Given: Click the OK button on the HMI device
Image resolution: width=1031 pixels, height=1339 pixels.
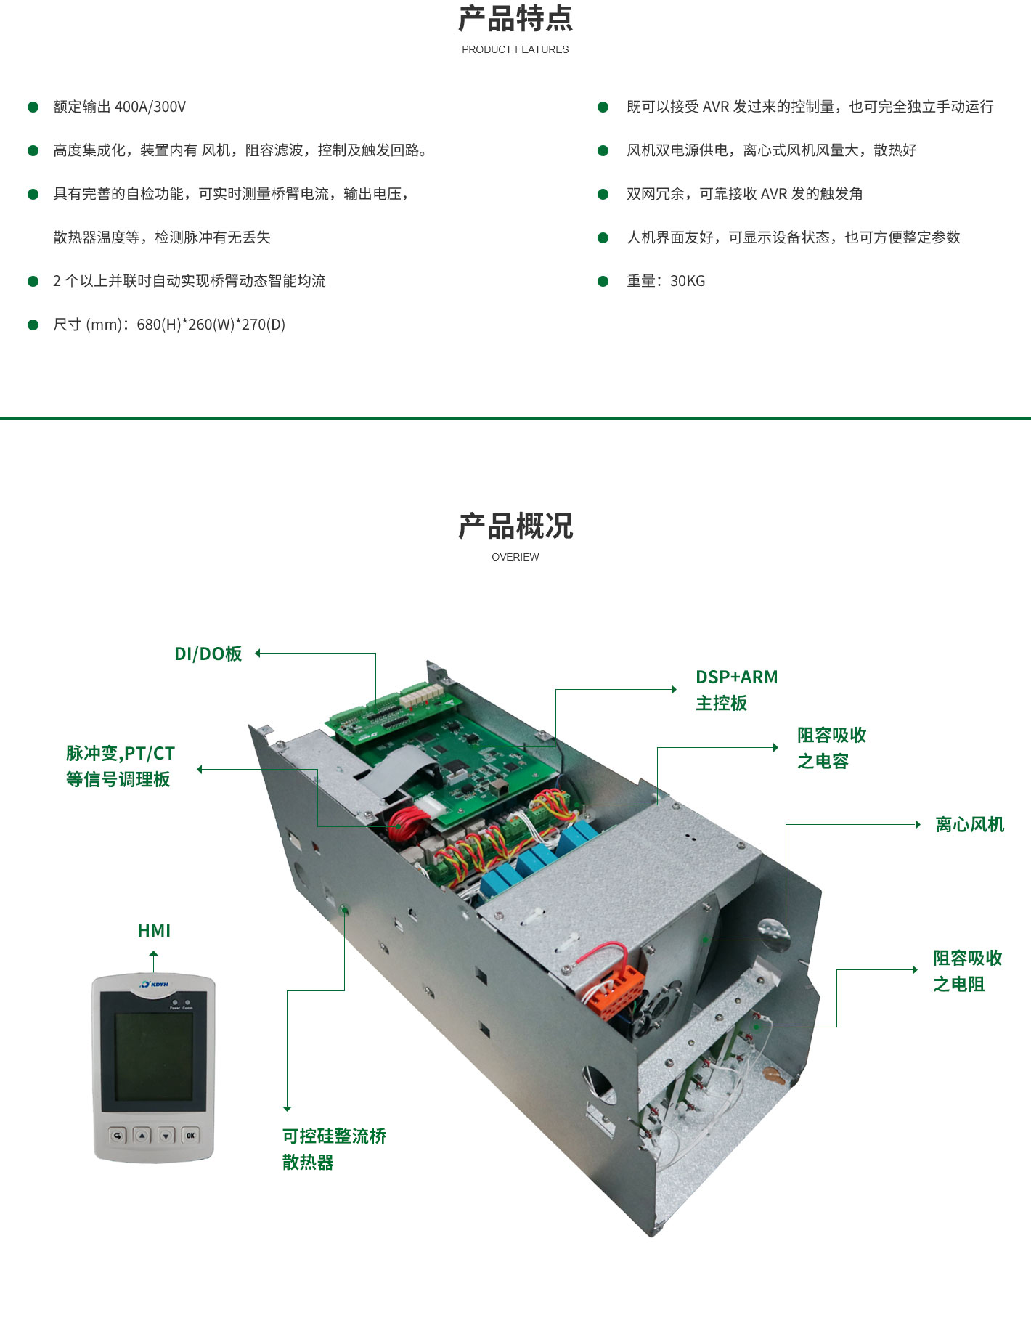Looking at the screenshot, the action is tap(190, 1135).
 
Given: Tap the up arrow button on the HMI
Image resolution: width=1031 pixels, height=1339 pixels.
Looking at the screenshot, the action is tap(142, 1135).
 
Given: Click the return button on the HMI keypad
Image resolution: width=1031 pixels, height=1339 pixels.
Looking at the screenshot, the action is tap(118, 1135).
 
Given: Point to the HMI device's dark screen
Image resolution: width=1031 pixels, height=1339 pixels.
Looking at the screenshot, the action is tap(153, 1052).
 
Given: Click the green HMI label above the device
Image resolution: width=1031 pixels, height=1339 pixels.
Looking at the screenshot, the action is tap(154, 930).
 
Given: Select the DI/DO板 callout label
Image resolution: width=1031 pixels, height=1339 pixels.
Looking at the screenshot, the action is tap(208, 654).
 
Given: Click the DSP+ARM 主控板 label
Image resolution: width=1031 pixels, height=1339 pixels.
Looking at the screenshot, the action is tap(736, 690).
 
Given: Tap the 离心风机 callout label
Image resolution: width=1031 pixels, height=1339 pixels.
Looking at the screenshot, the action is tap(969, 824).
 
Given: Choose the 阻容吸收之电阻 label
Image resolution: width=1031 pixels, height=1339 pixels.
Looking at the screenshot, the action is tap(967, 971).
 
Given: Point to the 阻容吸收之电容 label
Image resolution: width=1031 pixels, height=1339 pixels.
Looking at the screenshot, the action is tap(832, 748).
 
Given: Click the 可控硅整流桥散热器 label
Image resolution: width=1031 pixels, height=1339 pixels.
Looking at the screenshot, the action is tap(334, 1149).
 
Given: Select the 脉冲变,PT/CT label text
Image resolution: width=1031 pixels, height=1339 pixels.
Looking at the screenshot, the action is tap(120, 753).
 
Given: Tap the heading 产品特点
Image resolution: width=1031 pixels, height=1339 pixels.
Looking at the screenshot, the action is tap(515, 19).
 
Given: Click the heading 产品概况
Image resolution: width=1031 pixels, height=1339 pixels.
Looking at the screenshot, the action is tap(515, 526).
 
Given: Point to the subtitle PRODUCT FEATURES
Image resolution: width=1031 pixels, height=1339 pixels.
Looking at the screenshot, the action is tap(515, 49).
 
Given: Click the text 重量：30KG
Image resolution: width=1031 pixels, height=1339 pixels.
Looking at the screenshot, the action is tap(666, 281).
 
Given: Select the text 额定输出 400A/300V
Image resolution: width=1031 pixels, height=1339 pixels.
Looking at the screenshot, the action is tap(119, 107).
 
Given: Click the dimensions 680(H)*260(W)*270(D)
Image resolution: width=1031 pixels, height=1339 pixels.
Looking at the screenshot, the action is tap(211, 325).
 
